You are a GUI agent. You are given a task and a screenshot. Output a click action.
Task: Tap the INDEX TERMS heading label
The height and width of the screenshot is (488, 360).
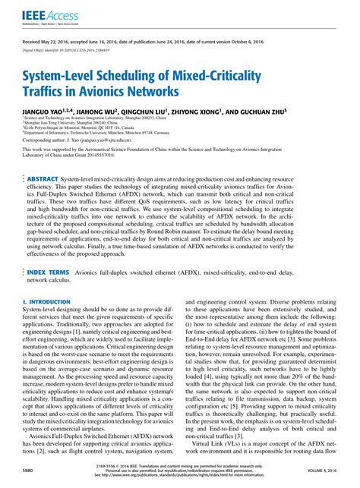(53, 293)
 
